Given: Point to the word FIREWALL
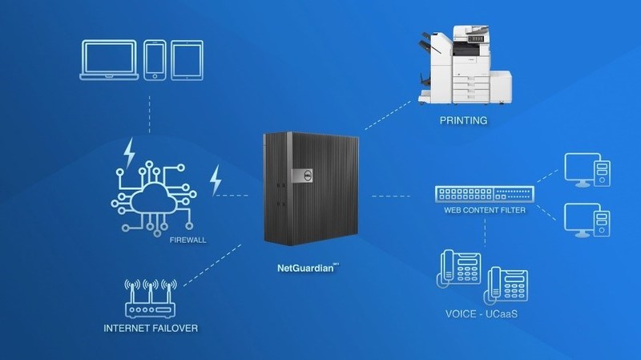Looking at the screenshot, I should [x=188, y=239].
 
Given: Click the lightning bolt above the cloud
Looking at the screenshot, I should [x=129, y=152].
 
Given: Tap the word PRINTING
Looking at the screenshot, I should [x=464, y=121].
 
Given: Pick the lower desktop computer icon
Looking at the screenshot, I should [x=587, y=220].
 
